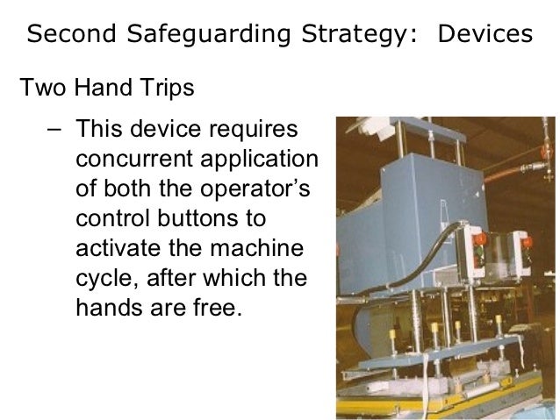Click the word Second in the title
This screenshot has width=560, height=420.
pos(68,34)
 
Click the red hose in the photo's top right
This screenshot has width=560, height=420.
pos(527,180)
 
